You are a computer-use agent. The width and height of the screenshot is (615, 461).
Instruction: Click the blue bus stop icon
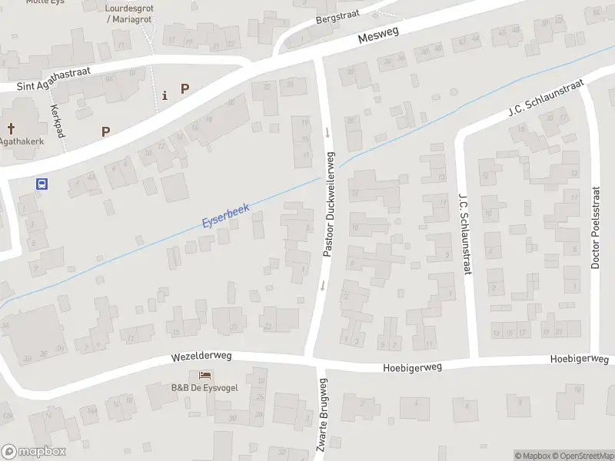42,184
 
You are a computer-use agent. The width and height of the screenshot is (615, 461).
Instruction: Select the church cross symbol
12,128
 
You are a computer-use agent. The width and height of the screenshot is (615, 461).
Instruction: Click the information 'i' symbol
165,95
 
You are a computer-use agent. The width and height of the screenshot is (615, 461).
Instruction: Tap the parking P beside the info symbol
184,88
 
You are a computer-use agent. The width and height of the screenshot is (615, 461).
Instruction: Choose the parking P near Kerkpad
105,131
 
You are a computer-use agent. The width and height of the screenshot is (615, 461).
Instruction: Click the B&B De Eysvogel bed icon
205,374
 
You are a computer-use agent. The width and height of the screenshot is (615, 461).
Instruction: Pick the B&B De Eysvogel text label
205,386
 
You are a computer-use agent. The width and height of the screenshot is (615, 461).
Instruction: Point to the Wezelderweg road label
201,357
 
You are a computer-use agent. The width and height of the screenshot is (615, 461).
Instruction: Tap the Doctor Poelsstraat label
595,227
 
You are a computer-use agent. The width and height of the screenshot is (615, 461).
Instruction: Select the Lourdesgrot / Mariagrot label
128,13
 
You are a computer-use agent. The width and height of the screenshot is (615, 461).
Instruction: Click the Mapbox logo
33,452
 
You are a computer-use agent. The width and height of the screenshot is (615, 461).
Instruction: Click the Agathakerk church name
22,141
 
